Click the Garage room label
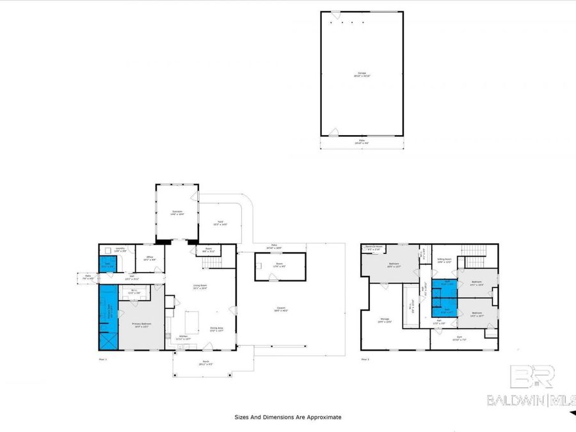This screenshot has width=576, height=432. tap(362, 74)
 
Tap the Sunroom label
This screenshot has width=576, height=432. tap(177, 212)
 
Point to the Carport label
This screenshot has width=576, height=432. tap(281, 308)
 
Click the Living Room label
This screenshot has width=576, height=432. tap(200, 286)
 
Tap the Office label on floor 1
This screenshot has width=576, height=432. tap(149, 258)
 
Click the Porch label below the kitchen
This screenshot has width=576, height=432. tap(206, 363)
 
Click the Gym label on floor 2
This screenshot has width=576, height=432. tap(458, 337)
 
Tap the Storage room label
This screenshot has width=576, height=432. tap(384, 320)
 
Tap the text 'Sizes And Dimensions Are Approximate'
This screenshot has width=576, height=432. tap(287, 417)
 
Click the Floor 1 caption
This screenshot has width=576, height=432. tap(103, 359)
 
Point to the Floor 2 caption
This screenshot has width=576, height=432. tap(365, 359)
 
